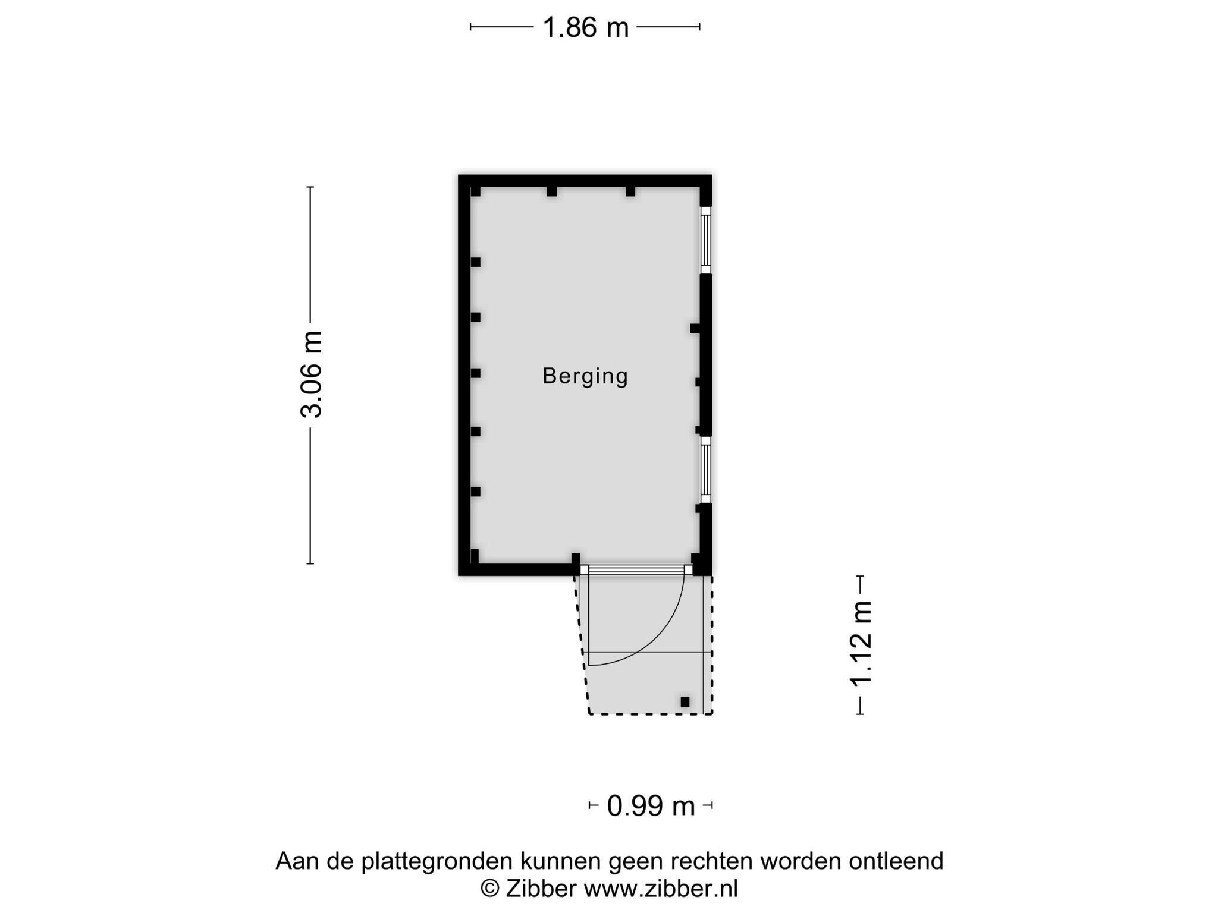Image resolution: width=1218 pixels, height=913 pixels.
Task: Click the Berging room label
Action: (585, 376)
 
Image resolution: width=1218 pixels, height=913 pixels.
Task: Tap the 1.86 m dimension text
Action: (585, 27)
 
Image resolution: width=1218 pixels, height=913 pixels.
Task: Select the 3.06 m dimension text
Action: (311, 374)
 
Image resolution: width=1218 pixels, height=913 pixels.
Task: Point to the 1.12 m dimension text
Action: (861, 643)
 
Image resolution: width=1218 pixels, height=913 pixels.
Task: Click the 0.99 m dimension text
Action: (651, 807)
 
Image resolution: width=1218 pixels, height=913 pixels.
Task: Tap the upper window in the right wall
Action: (705, 240)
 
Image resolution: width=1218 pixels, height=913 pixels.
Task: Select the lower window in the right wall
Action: (705, 470)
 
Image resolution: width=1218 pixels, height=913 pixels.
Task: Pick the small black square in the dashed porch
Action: (685, 702)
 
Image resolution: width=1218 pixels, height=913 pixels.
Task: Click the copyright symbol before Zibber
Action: (489, 889)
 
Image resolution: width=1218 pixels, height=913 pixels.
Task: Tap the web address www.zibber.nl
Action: (660, 889)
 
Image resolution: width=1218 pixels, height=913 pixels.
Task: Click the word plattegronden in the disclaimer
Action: (437, 861)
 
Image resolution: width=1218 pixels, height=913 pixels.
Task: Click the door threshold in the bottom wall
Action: (636, 570)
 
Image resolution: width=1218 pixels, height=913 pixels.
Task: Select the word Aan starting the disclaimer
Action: (296, 861)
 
